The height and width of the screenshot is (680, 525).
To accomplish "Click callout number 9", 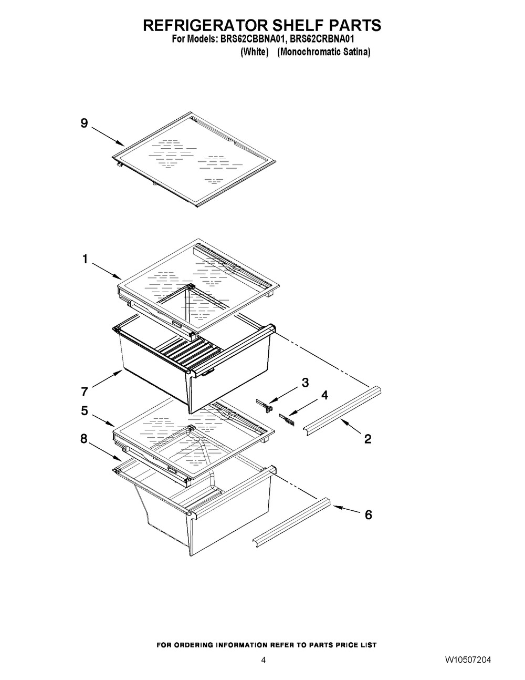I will (x=83, y=123).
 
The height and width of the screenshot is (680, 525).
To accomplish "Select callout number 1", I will (x=83, y=259).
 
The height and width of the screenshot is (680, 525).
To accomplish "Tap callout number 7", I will (x=85, y=391).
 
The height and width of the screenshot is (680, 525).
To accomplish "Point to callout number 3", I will (x=305, y=383).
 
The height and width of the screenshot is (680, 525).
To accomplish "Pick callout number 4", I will (x=324, y=395).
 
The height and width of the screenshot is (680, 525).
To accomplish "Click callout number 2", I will (x=367, y=439).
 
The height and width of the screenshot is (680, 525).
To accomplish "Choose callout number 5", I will (x=84, y=411).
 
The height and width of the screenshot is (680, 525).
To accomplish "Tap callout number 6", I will (x=368, y=515).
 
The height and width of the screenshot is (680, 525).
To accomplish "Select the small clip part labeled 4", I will (x=286, y=418).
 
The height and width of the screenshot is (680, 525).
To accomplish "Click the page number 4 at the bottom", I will (x=264, y=660).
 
